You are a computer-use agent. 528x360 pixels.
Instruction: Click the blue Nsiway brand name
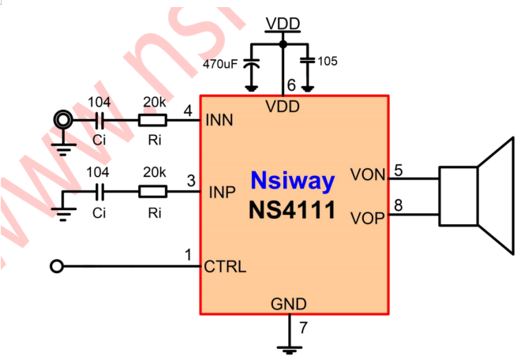tap(293, 181)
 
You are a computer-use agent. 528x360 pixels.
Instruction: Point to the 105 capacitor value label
tap(328, 61)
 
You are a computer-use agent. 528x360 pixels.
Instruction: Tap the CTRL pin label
tap(225, 266)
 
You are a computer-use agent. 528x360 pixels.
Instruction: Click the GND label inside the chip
tap(289, 304)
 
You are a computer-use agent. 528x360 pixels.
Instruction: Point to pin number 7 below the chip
tap(302, 326)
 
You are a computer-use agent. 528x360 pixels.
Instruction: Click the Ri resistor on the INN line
tap(152, 120)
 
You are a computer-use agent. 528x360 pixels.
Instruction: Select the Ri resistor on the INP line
tap(152, 192)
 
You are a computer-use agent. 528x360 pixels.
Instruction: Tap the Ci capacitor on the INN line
tap(99, 120)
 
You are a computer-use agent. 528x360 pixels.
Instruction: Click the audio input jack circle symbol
tap(62, 120)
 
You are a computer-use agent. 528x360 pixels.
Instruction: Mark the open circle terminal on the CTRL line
tap(56, 267)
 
